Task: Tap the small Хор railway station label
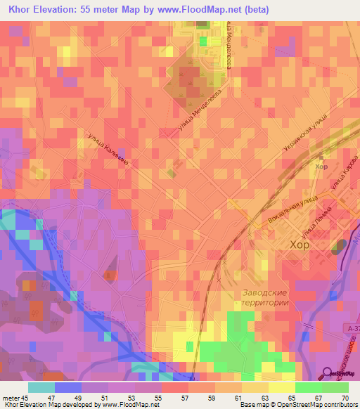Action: click(x=322, y=167)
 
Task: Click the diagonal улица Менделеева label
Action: click(x=204, y=108)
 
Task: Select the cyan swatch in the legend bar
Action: click(x=41, y=387)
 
